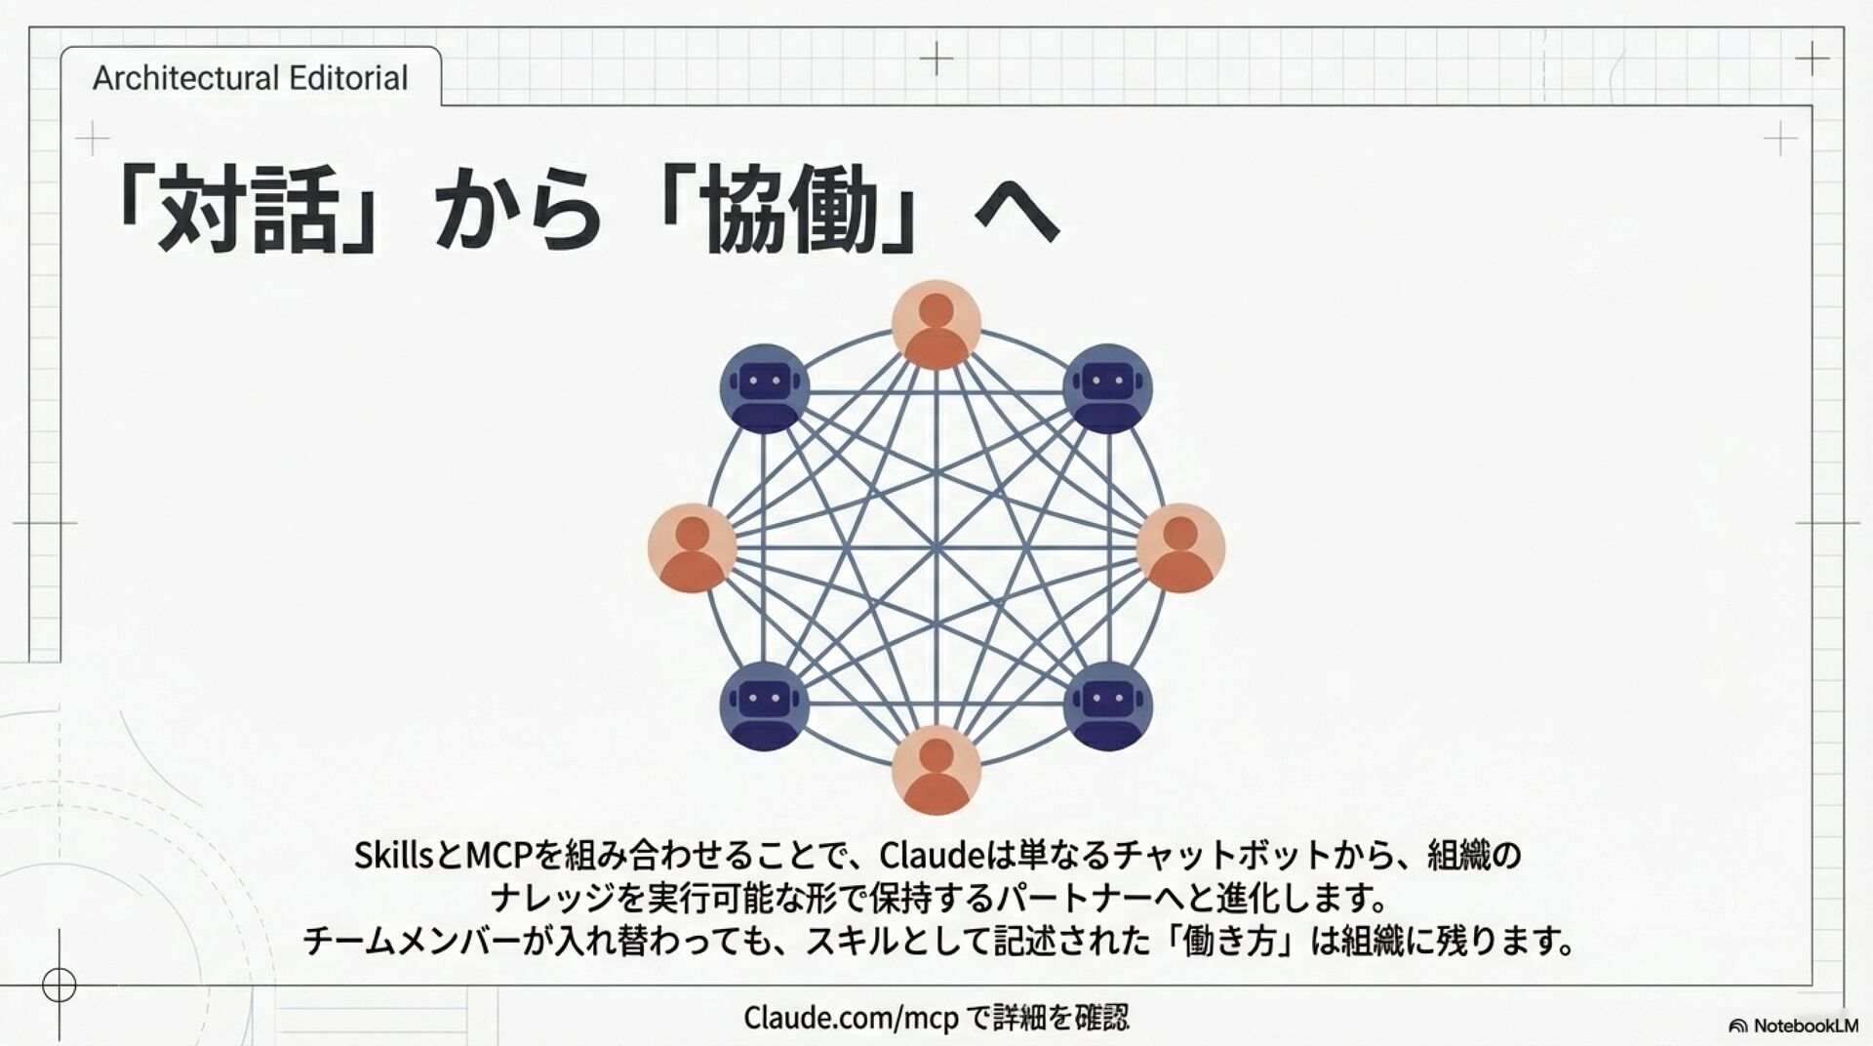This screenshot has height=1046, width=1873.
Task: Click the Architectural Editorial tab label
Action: tap(250, 78)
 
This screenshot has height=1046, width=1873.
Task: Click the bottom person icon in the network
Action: tap(936, 770)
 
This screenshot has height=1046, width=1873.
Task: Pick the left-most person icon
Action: tap(692, 547)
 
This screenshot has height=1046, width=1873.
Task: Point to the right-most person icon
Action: tap(1180, 547)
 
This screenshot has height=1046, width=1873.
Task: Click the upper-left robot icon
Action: tap(764, 387)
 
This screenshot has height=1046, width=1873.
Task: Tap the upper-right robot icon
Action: tap(1107, 387)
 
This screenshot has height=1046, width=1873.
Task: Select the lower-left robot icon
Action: tap(764, 705)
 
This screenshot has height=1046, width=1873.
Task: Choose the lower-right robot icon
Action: tap(1107, 705)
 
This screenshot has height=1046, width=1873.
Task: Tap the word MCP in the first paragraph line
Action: tap(498, 856)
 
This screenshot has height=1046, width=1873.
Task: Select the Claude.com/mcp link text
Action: tap(851, 1018)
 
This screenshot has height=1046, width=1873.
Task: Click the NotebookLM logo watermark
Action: tap(1793, 1026)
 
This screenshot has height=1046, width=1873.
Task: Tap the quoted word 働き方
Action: tap(1231, 941)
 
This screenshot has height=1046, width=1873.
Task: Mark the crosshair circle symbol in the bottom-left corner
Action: tap(60, 985)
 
